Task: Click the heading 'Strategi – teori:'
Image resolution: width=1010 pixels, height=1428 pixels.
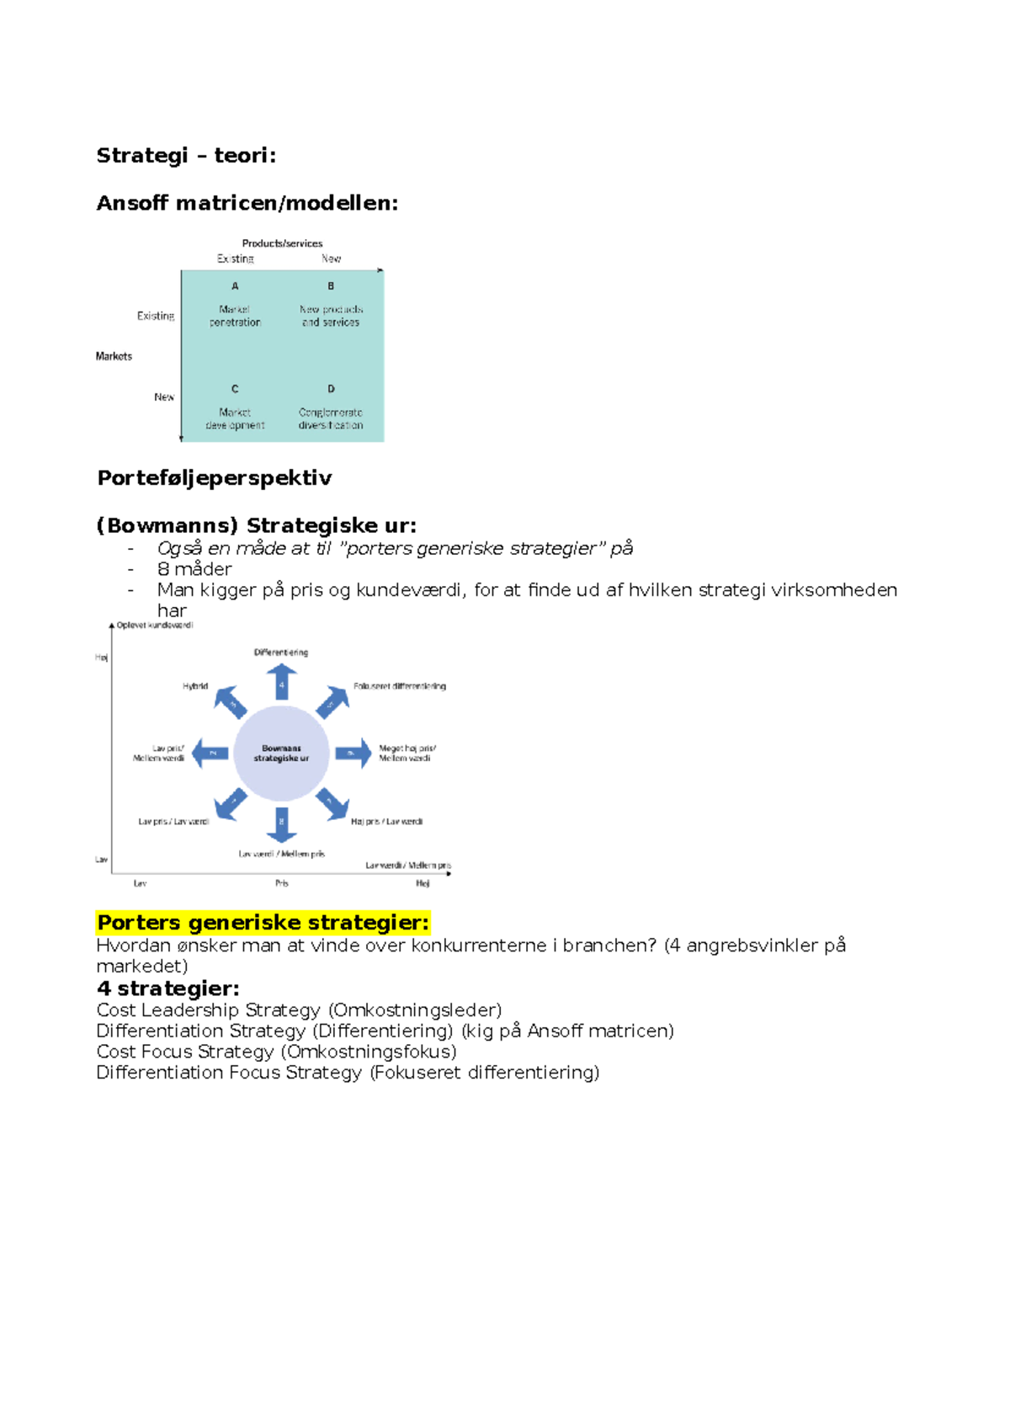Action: pos(186,156)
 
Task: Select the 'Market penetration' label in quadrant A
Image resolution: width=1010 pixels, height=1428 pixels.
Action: pos(235,316)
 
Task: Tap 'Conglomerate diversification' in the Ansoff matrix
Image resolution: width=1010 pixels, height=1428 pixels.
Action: pos(331,419)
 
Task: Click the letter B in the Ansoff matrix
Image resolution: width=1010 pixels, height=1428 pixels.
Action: pos(331,286)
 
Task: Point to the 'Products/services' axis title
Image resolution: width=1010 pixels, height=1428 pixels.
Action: pos(282,243)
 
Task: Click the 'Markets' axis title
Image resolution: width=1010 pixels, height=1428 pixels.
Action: pos(114,356)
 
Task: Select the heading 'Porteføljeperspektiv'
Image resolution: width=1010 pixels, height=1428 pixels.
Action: pos(215,478)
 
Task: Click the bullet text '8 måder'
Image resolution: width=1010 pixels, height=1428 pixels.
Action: pos(194,569)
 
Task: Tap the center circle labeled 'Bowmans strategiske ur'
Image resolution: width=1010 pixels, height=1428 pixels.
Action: pos(281,754)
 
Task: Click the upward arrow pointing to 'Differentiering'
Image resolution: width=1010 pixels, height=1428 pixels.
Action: pos(281,681)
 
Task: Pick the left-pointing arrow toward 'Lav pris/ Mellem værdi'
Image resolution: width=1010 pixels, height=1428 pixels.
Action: pos(210,753)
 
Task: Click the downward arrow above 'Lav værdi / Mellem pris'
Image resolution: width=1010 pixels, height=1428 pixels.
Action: pos(281,824)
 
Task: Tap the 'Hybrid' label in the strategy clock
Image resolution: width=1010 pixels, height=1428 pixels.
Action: pos(195,686)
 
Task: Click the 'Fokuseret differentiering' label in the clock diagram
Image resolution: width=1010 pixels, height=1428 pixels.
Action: pos(400,686)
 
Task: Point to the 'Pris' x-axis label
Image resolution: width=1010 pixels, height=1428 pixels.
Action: pos(282,883)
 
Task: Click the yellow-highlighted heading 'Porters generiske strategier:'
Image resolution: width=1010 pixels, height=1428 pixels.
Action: pos(263,923)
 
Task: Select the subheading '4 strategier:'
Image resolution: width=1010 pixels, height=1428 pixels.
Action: pos(167,988)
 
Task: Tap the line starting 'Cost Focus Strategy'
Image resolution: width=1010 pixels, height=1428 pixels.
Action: pos(276,1052)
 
